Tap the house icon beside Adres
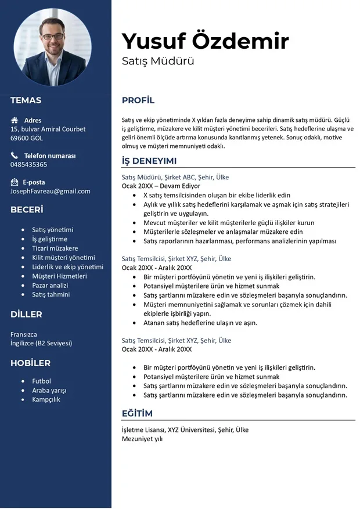[x=15, y=121]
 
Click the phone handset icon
[x=15, y=156]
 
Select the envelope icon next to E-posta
[x=15, y=182]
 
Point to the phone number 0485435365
[x=29, y=165]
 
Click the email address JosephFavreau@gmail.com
[x=51, y=192]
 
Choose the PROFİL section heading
[x=138, y=100]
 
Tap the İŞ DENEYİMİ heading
[x=149, y=161]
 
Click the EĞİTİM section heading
[x=137, y=413]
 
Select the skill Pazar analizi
[x=50, y=286]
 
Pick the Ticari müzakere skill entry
[x=55, y=248]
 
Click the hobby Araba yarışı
[x=49, y=391]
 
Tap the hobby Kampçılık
[x=46, y=400]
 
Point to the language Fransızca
[x=24, y=334]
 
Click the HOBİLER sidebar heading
[x=30, y=363]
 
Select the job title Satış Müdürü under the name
[x=158, y=61]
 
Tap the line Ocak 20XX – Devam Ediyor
[x=161, y=186]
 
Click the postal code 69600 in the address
[x=20, y=138]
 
